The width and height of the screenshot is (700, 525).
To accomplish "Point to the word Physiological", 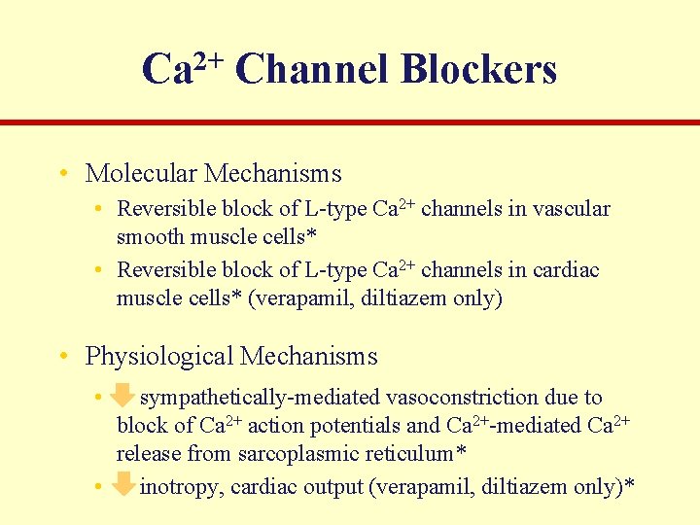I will tap(158, 357).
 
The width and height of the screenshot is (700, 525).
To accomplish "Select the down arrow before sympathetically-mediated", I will tap(122, 396).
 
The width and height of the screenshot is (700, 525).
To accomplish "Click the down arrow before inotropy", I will tap(122, 484).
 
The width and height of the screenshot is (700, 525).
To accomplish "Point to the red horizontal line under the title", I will tap(350, 122).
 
